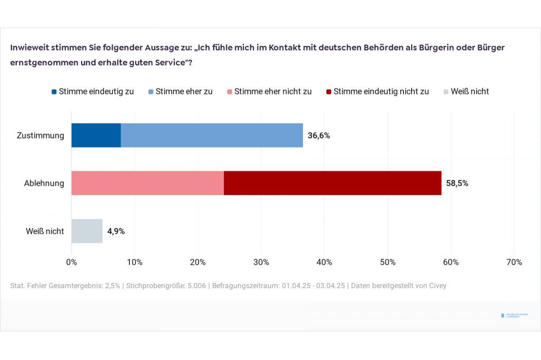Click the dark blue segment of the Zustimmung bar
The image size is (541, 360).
(x=96, y=135)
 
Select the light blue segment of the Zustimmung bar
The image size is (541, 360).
(x=212, y=135)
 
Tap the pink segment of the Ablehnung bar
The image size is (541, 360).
(x=147, y=183)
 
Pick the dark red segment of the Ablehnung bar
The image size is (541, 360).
(x=332, y=183)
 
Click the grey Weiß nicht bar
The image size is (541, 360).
(x=87, y=231)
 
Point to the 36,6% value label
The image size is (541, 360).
(x=319, y=136)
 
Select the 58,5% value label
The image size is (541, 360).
(x=457, y=183)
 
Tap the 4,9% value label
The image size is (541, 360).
(x=116, y=231)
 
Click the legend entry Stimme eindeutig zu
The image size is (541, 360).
(x=93, y=91)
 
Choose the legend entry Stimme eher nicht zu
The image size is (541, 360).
(x=269, y=91)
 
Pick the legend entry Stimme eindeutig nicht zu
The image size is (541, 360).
(x=377, y=91)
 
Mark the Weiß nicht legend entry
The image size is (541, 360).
(x=466, y=91)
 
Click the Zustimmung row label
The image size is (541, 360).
(x=41, y=136)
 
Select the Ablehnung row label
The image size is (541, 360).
(x=44, y=183)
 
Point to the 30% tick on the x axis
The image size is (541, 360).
(x=261, y=262)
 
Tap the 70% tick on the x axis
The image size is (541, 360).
(x=514, y=262)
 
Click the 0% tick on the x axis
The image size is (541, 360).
(x=71, y=262)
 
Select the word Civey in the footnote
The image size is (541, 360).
(x=436, y=285)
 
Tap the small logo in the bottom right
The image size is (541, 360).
(x=514, y=315)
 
